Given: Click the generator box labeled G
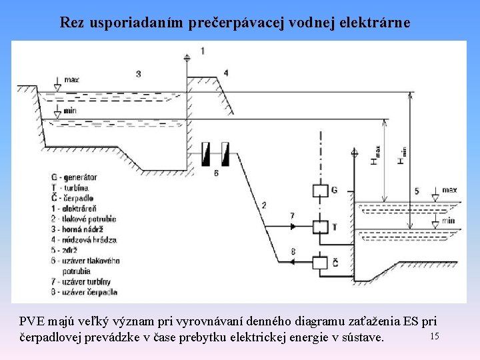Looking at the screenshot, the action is click(321, 191).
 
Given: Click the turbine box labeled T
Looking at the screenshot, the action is click(321, 227).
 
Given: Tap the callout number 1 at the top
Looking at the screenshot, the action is click(203, 51).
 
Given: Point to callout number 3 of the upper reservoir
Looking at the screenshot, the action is click(138, 73).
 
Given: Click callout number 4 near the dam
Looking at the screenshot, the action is click(225, 73).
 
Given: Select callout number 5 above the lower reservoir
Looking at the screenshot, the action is click(417, 192).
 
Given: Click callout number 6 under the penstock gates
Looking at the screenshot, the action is click(216, 173).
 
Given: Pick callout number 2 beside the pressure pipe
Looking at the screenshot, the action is click(265, 205).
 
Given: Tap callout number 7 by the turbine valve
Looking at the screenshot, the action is click(291, 216).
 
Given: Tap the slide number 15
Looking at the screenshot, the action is click(434, 335).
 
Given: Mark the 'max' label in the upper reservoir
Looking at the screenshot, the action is click(72, 80).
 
